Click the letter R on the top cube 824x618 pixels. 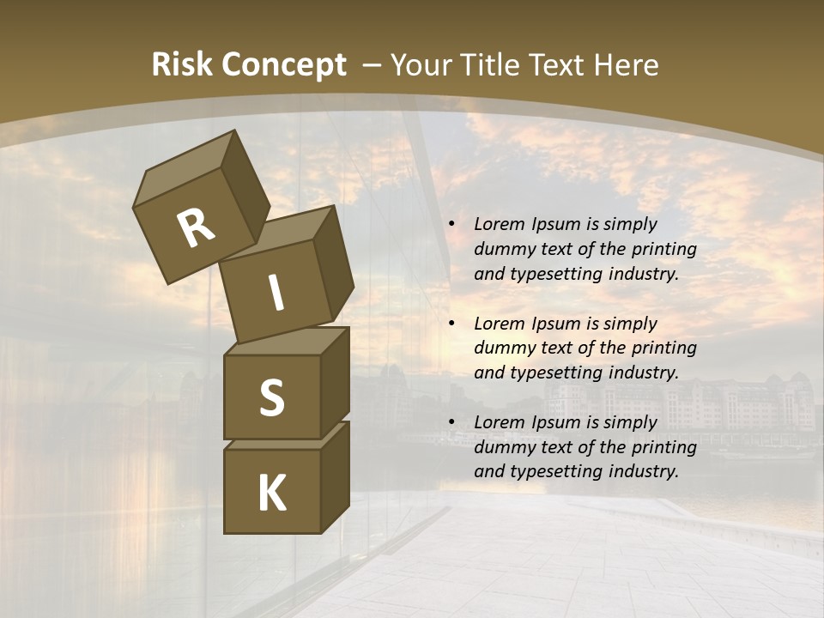click(x=196, y=227)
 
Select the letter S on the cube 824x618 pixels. click(x=271, y=397)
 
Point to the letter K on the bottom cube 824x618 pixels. click(x=271, y=494)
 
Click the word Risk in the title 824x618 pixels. click(x=181, y=65)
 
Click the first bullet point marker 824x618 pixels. click(x=451, y=225)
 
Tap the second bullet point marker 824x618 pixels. click(x=451, y=324)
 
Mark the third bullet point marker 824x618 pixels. click(x=451, y=423)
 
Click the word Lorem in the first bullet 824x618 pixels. click(x=497, y=225)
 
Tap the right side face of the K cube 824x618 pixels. click(x=335, y=477)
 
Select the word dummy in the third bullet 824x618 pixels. click(x=503, y=447)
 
